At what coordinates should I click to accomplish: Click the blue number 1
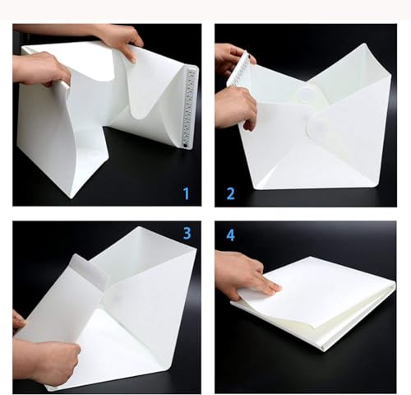point(187,193)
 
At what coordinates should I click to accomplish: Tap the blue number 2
point(231,193)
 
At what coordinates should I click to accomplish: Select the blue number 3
point(187,233)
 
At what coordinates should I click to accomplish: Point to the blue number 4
point(231,235)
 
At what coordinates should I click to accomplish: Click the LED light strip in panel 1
point(190,108)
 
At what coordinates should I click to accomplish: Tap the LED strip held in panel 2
point(238,68)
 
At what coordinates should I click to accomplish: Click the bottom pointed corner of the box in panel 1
point(71,198)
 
